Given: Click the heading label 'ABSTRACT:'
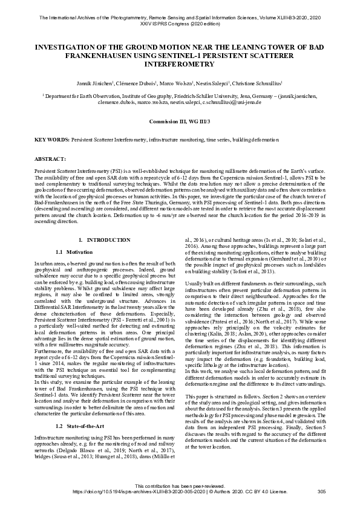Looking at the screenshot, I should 50,158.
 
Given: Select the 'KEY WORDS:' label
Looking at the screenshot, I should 52,140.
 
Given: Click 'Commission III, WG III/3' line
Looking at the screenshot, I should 180,122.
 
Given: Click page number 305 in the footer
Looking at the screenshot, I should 321,491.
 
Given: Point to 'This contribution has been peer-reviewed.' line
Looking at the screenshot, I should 180,486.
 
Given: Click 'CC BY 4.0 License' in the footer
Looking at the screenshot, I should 267,491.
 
